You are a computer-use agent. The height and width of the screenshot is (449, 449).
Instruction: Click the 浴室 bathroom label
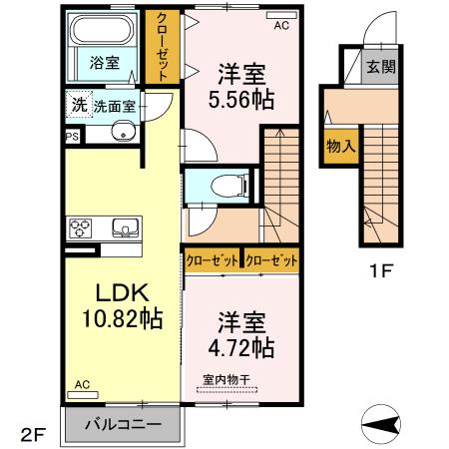pyautogui.click(x=105, y=62)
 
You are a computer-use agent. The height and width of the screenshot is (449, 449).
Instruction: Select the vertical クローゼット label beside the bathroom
pyautogui.click(x=158, y=45)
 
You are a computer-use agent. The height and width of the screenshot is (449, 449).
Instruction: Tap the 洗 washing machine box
pyautogui.click(x=78, y=105)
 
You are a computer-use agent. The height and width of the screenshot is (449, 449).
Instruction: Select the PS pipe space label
pyautogui.click(x=71, y=137)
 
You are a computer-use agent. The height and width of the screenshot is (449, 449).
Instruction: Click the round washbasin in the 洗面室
pyautogui.click(x=122, y=131)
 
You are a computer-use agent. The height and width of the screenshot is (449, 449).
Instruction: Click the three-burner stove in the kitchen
pyautogui.click(x=81, y=227)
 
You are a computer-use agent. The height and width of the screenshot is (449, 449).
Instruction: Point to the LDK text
pyautogui.click(x=121, y=292)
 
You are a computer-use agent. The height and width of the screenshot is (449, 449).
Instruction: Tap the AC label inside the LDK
pyautogui.click(x=82, y=384)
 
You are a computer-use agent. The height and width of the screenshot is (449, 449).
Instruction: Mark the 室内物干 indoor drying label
pyautogui.click(x=225, y=379)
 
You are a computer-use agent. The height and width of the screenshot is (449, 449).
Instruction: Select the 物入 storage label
pyautogui.click(x=339, y=146)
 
